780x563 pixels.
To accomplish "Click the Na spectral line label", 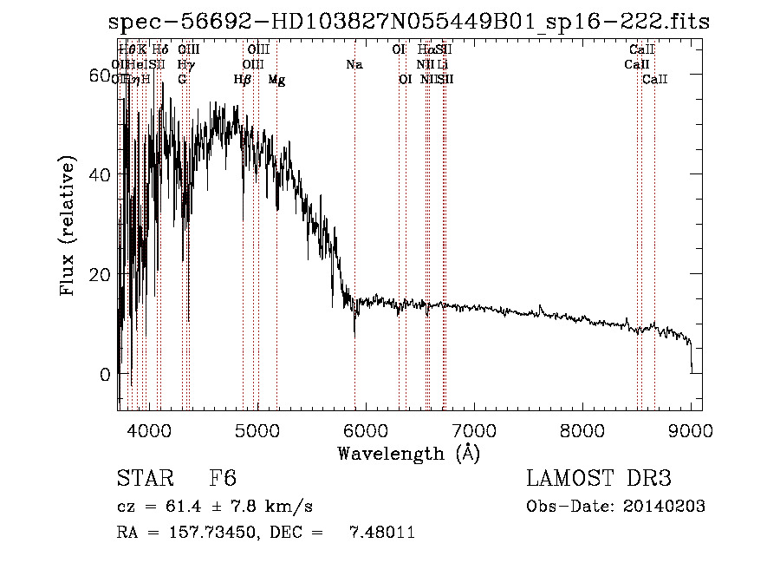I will coord(354,65).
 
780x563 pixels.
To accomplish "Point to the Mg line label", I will coord(276,80).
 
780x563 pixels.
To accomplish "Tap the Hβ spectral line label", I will coord(243,80).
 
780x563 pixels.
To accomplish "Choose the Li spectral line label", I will coord(442,65).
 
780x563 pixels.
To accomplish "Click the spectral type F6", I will coord(223,479).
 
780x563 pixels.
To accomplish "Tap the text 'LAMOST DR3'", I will coord(599,479).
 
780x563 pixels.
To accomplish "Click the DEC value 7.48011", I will coord(381,532).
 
